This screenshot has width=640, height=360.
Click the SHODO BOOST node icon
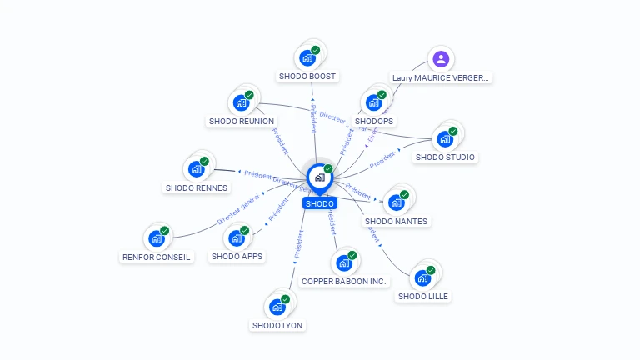click(x=307, y=58)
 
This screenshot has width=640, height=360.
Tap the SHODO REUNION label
click(x=242, y=122)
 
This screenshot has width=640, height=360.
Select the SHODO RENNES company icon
click(x=197, y=169)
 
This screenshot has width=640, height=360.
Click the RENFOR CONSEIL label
click(x=157, y=257)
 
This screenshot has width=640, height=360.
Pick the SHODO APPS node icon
click(x=237, y=238)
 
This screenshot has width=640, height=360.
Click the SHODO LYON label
click(x=277, y=325)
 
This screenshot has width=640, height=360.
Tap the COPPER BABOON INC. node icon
click(x=344, y=263)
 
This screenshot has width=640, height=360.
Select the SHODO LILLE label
click(x=423, y=296)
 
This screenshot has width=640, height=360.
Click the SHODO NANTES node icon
click(x=397, y=202)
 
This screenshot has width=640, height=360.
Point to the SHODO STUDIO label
click(x=445, y=157)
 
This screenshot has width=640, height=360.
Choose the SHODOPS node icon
click(x=374, y=102)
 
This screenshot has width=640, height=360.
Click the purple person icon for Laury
click(x=441, y=59)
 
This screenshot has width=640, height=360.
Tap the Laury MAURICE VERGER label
click(x=441, y=78)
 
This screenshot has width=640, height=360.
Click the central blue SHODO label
click(x=319, y=203)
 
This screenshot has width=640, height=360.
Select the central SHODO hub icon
click(x=319, y=177)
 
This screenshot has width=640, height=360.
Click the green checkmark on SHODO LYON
click(x=286, y=299)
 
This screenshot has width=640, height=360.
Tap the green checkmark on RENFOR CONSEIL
click(x=165, y=231)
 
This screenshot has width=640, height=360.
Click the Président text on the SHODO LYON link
click(x=297, y=242)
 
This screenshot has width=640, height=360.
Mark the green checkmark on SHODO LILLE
click(x=431, y=270)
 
